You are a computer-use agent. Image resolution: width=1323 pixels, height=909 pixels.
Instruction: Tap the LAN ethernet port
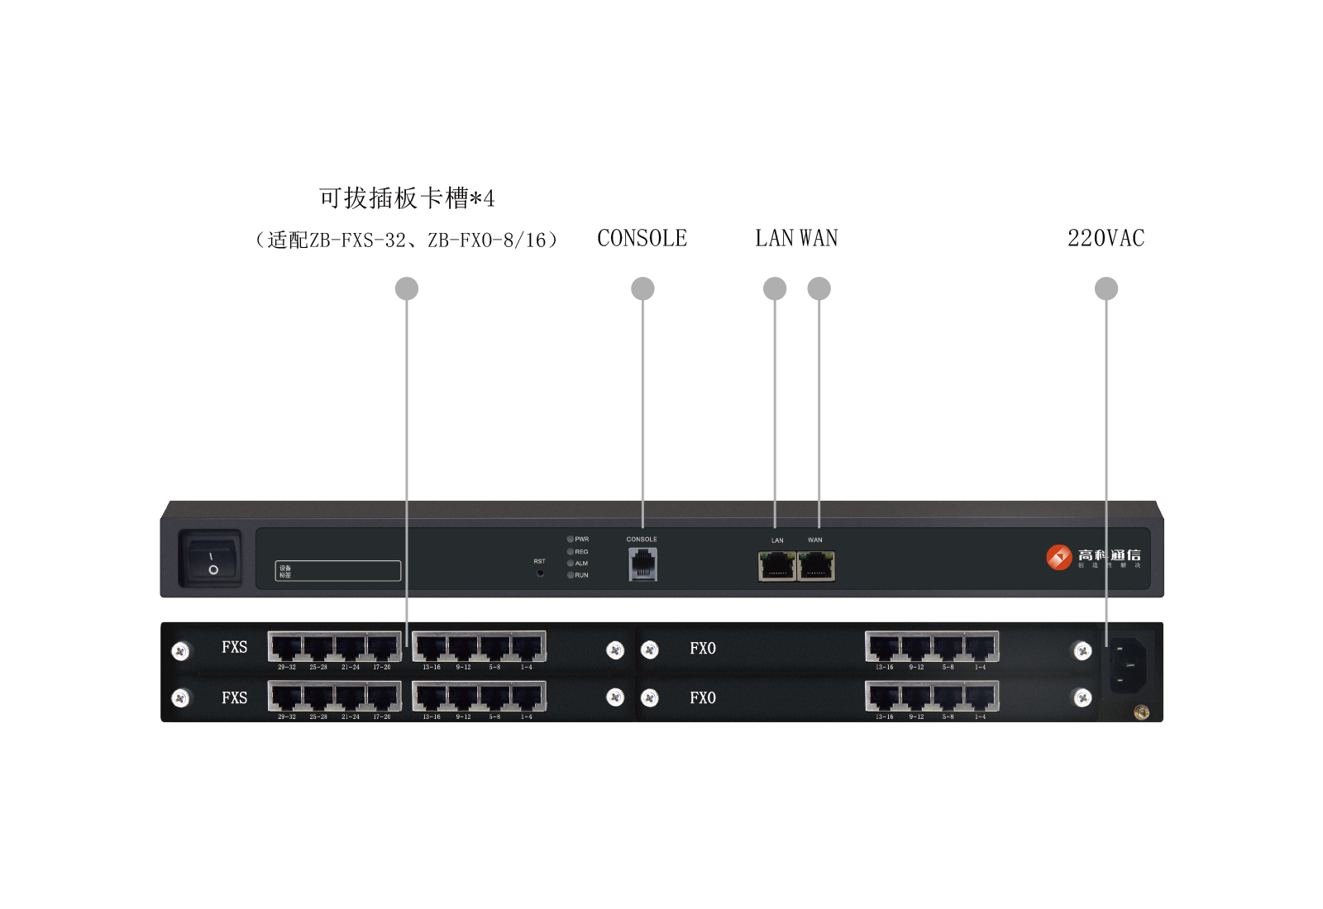click(x=777, y=566)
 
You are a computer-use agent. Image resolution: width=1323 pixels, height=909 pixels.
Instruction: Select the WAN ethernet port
click(x=816, y=566)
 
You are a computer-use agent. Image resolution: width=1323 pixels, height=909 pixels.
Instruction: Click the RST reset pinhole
click(x=540, y=572)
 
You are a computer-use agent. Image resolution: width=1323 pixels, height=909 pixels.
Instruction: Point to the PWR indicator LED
click(x=570, y=539)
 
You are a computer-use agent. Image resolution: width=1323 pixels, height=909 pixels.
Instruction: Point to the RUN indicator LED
click(x=570, y=575)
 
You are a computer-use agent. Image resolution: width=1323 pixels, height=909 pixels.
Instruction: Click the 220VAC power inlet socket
click(x=1128, y=664)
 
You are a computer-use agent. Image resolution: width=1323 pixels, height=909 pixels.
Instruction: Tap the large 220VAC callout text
click(x=1106, y=239)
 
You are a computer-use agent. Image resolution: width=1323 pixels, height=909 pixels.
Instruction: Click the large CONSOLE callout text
click(x=642, y=239)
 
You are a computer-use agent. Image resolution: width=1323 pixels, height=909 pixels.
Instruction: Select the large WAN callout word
click(x=819, y=239)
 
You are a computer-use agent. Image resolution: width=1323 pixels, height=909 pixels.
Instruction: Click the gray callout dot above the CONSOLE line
click(x=642, y=288)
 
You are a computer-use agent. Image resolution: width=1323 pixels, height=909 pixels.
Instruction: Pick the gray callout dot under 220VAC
click(x=1106, y=288)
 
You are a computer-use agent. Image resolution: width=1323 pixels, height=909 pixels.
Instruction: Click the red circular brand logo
click(x=1059, y=557)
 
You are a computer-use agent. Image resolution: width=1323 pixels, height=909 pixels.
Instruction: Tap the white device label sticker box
click(x=338, y=570)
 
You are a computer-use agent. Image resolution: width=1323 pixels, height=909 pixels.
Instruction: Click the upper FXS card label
click(x=234, y=647)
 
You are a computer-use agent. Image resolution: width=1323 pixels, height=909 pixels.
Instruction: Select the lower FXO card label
click(x=703, y=698)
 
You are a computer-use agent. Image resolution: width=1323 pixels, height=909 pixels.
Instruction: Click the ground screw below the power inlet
click(x=1142, y=711)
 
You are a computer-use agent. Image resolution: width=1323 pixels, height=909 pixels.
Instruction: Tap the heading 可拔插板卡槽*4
click(x=407, y=198)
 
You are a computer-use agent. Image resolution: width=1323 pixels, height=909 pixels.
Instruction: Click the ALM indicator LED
click(x=570, y=563)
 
